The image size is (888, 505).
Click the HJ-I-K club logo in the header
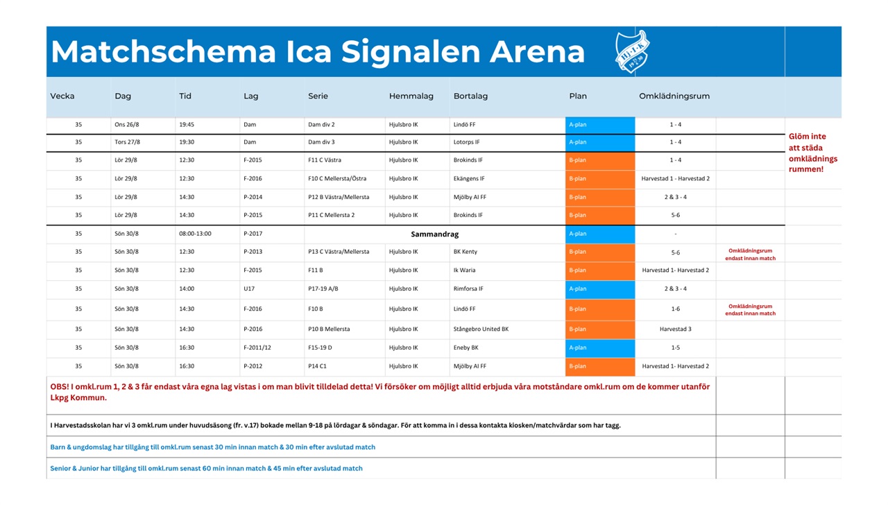(x=632, y=51)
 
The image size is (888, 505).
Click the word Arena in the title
(x=537, y=52)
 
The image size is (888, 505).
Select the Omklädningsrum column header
(x=674, y=96)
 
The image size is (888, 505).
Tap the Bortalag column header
(x=470, y=96)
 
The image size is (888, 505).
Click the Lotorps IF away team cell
(x=467, y=142)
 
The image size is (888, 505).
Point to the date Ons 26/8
(x=127, y=124)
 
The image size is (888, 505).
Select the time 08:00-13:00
(x=195, y=234)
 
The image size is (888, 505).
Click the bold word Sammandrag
(x=435, y=234)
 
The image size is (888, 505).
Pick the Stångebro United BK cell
(x=481, y=329)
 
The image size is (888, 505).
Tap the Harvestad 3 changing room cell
(x=676, y=329)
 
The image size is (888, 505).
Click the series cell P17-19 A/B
(x=323, y=289)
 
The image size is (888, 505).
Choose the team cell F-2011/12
(x=257, y=348)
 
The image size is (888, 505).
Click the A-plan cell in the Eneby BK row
(x=600, y=348)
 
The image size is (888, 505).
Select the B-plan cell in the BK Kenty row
(x=600, y=252)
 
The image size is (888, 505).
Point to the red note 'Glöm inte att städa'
(x=807, y=142)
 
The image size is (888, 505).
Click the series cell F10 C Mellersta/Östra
(x=337, y=178)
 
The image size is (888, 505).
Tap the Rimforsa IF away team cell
(x=468, y=289)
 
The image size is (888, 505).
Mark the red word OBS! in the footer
(x=59, y=386)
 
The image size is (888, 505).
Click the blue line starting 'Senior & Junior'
(x=206, y=468)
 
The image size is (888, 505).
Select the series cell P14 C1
(x=317, y=366)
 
